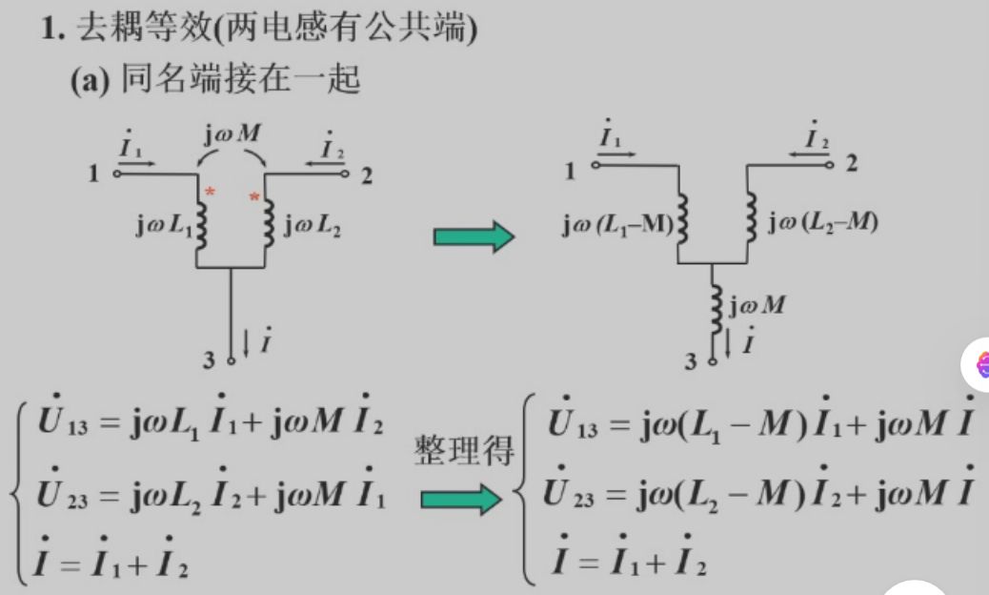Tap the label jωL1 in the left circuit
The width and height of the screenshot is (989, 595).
point(163,229)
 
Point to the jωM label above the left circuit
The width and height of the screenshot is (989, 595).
point(232,133)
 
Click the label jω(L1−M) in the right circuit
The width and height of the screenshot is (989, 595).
point(616,225)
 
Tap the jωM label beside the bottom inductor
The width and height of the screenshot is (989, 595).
point(757,305)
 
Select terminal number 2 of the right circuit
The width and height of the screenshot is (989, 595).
point(852,163)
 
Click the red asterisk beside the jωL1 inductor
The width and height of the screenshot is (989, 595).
point(211,193)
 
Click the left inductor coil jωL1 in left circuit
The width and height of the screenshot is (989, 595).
point(200,229)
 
